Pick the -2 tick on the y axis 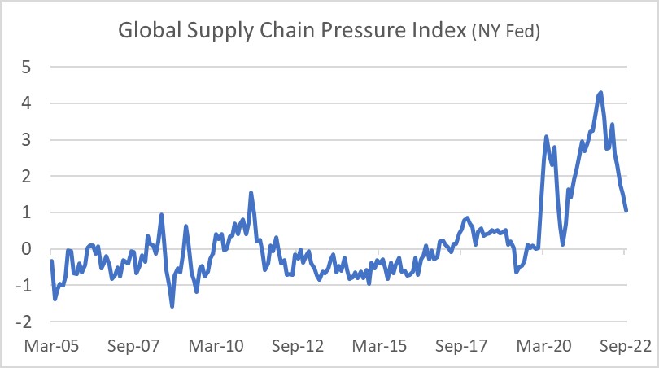(x=24, y=322)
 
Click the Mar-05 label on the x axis (x=51, y=345)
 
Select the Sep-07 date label (x=133, y=345)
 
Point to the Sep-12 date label (x=297, y=345)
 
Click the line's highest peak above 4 (x=600, y=93)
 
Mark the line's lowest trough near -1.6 (x=172, y=306)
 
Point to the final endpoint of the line (x=626, y=211)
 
